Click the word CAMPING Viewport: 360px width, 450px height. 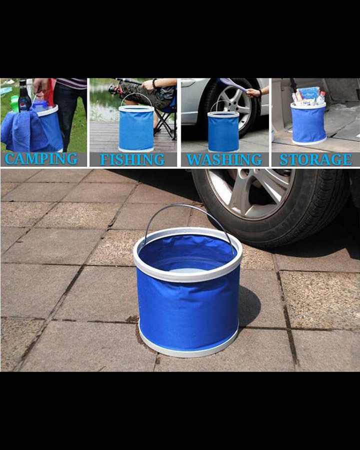(41, 159)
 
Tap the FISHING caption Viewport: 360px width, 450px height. (132, 159)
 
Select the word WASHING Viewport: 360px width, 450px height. (224, 159)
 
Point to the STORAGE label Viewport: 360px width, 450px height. (316, 159)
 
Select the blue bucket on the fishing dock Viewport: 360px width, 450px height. (136, 128)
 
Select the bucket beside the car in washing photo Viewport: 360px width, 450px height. (223, 131)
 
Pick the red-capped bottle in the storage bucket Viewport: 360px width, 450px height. (321, 98)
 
